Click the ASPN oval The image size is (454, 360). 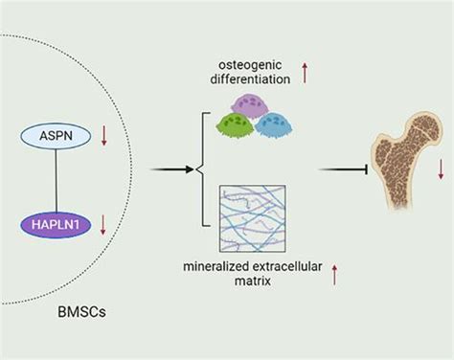[56, 136]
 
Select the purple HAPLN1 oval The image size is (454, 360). [56, 225]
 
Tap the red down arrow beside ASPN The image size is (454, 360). [103, 136]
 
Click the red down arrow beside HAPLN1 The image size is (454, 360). [102, 225]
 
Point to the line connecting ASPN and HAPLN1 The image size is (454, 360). [57, 181]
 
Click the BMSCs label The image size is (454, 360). [81, 312]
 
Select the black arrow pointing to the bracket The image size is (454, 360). [171, 169]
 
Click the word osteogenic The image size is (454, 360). [250, 65]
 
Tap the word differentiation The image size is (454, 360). [250, 79]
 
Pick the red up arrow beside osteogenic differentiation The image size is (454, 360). [305, 73]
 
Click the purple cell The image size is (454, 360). [249, 105]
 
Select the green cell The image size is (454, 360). [236, 126]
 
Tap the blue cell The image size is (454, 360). [274, 124]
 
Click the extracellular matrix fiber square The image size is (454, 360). [252, 218]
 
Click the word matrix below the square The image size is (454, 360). [253, 281]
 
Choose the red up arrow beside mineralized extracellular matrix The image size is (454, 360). [334, 275]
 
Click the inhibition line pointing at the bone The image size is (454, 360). [344, 169]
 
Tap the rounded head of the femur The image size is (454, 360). [425, 126]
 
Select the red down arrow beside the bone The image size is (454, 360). [441, 169]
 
